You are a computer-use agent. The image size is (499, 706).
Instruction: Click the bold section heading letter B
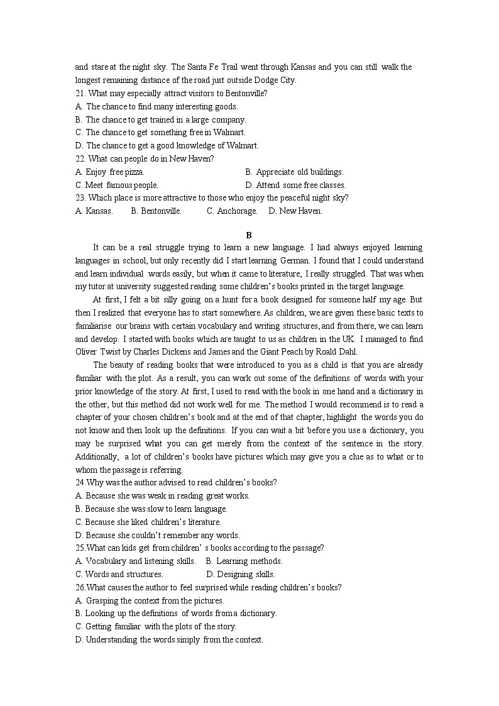point(249,235)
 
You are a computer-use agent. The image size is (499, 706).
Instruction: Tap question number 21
point(80,94)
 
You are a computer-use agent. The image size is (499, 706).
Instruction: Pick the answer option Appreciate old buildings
point(295,172)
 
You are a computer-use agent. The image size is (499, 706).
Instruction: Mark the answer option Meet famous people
point(117,185)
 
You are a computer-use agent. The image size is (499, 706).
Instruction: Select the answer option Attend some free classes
point(296,185)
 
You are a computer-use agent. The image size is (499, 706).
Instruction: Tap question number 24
point(80,483)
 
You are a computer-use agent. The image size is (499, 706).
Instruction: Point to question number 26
point(80,588)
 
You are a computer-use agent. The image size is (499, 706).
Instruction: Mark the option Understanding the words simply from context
point(170,640)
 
